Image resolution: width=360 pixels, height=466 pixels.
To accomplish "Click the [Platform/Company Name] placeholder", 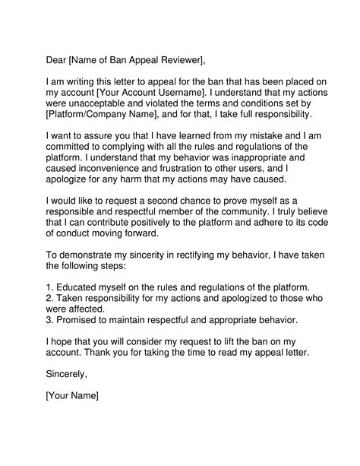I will point(99,114).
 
